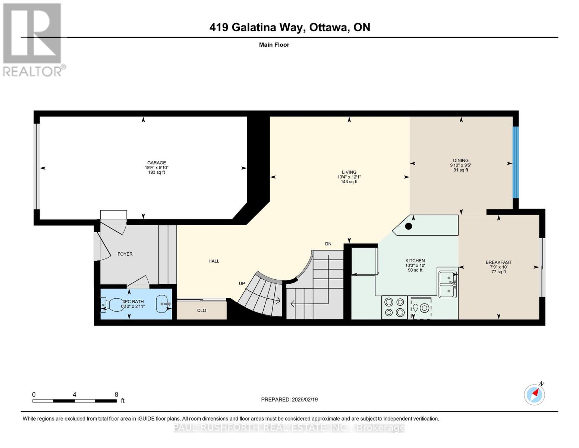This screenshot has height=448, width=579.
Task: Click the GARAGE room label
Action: [157, 163]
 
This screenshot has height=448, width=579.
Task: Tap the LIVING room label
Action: [349, 172]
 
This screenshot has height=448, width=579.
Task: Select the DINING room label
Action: [461, 161]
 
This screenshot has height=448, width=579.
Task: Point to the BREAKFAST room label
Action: [498, 262]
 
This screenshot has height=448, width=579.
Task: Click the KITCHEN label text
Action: [415, 261]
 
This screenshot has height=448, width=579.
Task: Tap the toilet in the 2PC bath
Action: [111, 305]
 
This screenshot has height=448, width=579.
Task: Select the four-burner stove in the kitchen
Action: [394, 307]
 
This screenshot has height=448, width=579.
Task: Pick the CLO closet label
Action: [202, 310]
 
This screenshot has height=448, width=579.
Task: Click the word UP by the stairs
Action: [242, 283]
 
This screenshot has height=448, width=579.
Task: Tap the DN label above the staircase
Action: [328, 244]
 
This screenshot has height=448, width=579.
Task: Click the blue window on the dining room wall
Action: [515, 162]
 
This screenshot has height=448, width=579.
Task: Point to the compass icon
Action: [534, 394]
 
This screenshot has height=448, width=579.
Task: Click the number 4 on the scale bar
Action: [75, 395]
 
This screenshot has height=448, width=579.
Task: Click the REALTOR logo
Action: [33, 40]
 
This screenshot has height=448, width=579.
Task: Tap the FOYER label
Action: [125, 254]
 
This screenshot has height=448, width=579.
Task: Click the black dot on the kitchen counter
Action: [409, 226]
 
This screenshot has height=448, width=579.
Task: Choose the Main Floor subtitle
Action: [274, 45]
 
